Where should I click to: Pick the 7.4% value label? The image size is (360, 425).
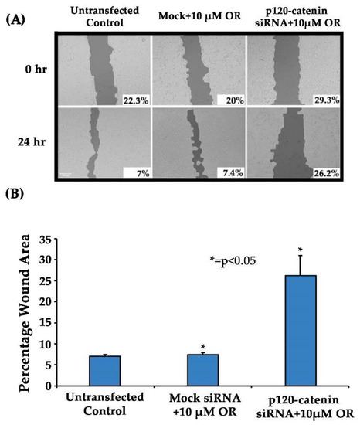224,174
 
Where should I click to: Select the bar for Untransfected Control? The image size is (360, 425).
104,371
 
